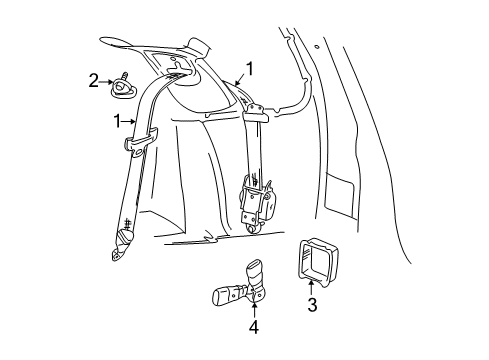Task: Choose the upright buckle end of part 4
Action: point(252,269)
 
